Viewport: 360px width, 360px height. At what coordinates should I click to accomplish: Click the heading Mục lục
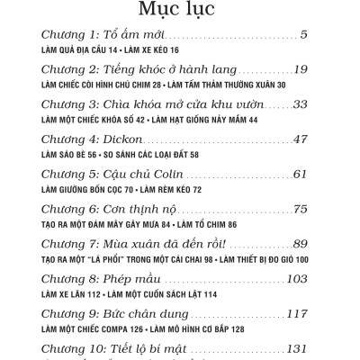(179, 11)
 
